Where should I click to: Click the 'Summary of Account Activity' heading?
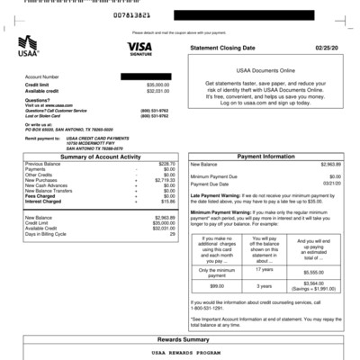tap(102, 157)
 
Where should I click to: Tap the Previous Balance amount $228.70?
tap(166, 164)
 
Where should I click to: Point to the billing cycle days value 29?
tap(172, 234)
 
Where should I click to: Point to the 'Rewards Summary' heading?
tap(180, 339)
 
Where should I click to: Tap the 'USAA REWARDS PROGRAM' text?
tap(180, 355)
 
